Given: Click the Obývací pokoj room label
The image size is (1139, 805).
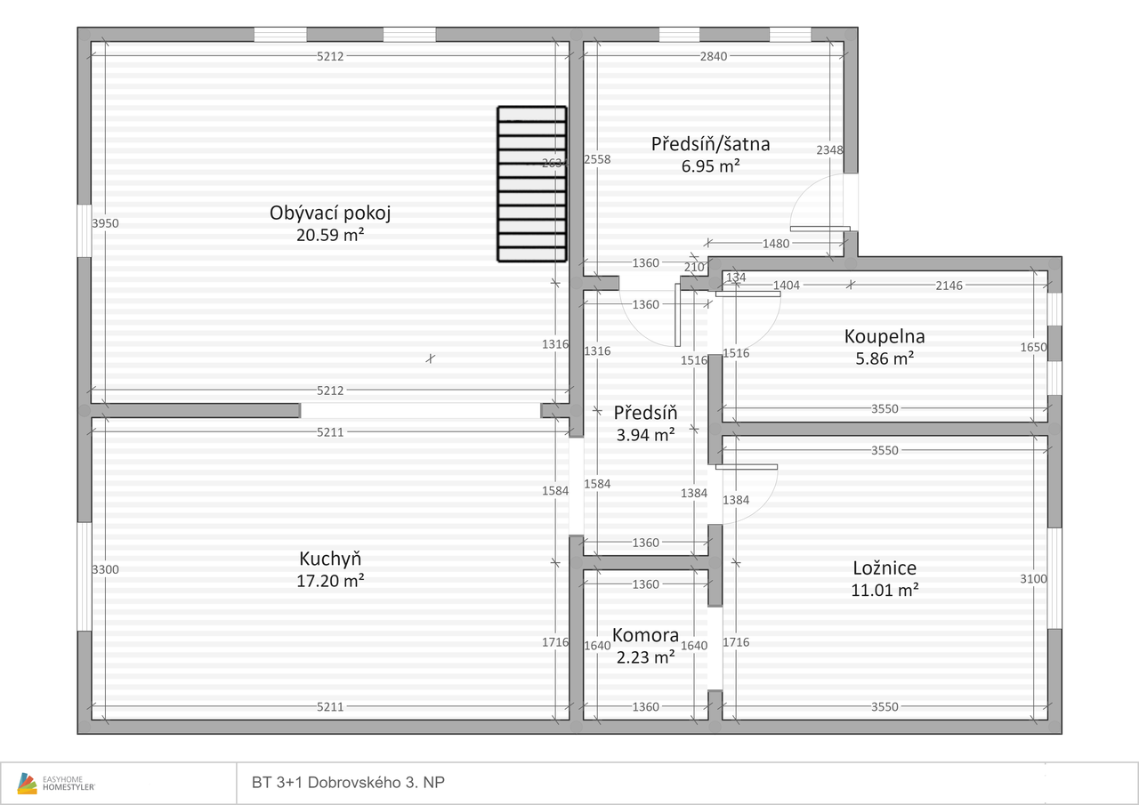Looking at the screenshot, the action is point(330,213).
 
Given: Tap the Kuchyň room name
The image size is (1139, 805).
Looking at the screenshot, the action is point(330,559).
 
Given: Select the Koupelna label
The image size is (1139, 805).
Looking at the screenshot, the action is point(885,336).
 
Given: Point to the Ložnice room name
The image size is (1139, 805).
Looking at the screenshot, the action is point(885,568).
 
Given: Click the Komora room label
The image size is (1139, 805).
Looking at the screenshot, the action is point(645,635).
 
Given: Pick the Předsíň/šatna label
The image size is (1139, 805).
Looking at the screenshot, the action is point(710,144).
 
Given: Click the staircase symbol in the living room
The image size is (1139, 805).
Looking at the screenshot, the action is point(532,184).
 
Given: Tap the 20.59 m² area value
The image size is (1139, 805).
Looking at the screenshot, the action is point(330,236).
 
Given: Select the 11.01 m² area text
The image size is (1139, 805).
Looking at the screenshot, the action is point(885,590).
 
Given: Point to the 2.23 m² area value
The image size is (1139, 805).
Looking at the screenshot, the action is point(645,657).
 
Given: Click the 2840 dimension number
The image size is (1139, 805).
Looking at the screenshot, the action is point(714,56).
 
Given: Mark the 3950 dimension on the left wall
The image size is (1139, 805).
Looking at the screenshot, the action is point(105,223).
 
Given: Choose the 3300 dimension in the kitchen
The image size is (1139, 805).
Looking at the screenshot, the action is point(105,569).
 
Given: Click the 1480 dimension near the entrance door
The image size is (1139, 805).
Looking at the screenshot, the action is point(776,244).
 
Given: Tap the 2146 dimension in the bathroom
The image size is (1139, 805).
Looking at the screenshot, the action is point(949,286).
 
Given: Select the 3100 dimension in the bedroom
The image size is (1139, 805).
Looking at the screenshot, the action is point(1033,579).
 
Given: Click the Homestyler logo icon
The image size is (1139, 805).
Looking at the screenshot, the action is point(27,783).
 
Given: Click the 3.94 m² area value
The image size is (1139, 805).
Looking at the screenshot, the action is point(645,435).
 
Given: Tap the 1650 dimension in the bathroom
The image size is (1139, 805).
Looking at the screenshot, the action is point(1033,347).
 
